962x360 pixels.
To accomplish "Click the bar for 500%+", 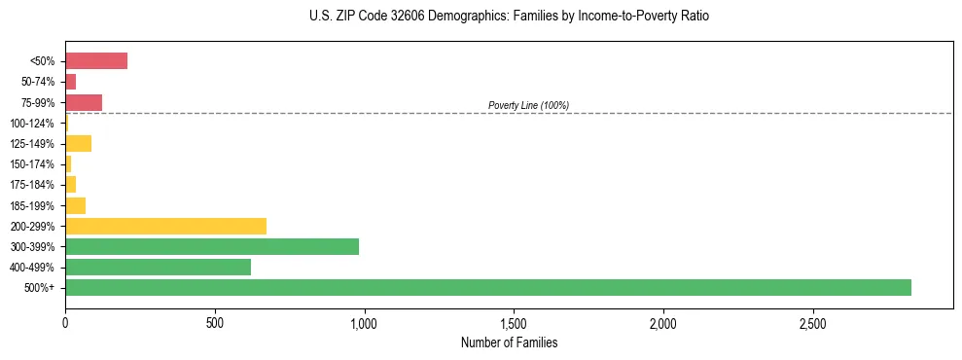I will point(487,287).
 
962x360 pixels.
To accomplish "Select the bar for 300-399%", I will point(211,246).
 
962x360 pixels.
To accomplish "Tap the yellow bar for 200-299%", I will point(165,226).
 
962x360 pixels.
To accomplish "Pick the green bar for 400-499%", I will point(158,267).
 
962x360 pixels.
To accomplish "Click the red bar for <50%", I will point(96,61).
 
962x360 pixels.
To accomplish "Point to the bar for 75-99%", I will point(84,102).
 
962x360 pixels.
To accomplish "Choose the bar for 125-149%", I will point(78,143).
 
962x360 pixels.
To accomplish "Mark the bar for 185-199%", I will point(75,205).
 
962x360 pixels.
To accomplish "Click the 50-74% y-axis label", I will point(38,82).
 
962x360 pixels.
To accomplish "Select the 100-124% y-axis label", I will point(32,124).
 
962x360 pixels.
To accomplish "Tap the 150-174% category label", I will point(32,164).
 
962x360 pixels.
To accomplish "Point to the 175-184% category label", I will point(32,185).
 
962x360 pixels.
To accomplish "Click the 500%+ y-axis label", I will point(40,288).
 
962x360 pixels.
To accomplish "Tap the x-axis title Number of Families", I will point(509,342).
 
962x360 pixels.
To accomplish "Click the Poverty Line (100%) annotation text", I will point(528,105).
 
